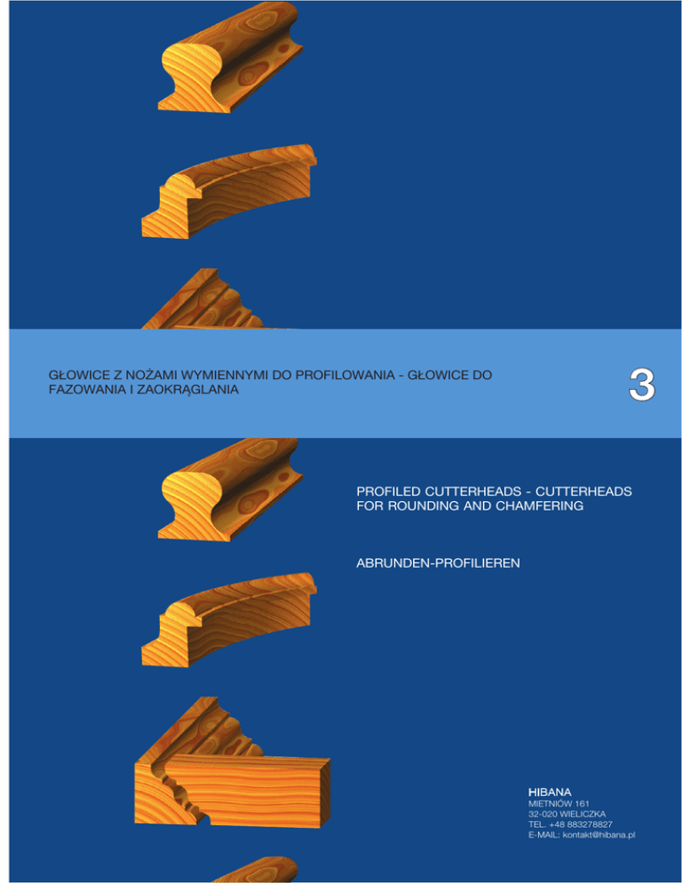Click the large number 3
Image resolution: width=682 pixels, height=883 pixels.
point(641,385)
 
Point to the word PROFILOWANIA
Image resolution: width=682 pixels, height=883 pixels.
point(345,375)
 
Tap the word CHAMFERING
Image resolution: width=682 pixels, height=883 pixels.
point(539,505)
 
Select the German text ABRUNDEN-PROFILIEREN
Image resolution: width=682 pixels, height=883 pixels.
point(438,562)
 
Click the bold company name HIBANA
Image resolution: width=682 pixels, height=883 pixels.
point(550,792)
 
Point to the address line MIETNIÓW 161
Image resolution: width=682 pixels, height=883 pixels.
point(559,803)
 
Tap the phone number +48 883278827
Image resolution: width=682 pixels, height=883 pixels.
point(581,823)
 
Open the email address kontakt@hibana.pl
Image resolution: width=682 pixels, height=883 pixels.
point(599,834)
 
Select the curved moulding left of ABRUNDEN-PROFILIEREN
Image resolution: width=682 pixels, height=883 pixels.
point(228,619)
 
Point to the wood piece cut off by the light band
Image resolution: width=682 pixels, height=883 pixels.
point(209,301)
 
